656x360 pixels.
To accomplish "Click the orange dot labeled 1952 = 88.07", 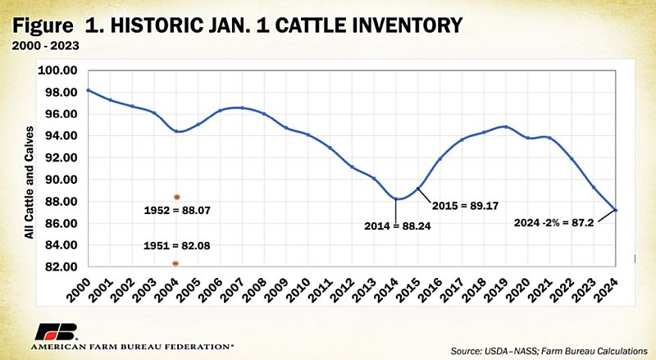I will coord(176,197).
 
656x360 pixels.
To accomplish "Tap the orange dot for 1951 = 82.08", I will coord(176,263).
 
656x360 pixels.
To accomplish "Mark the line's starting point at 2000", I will coord(88,90).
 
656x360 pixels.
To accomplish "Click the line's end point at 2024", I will coord(615,210).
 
